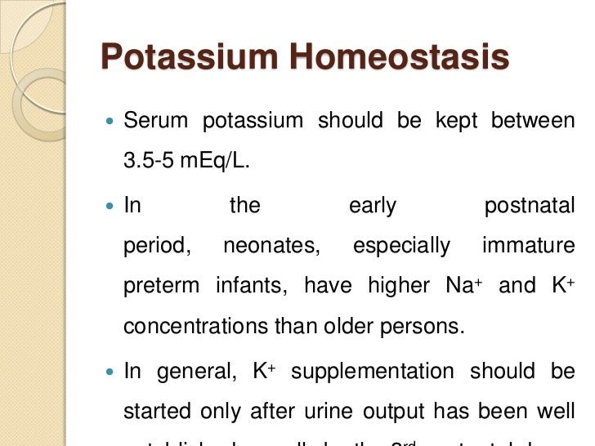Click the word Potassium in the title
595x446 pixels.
click(x=188, y=58)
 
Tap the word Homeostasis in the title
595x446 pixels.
click(x=400, y=58)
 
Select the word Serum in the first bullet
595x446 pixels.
click(x=155, y=121)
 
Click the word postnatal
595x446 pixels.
click(x=530, y=205)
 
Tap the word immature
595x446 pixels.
click(x=529, y=246)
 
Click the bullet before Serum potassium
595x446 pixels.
click(x=110, y=122)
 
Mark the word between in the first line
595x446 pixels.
click(x=533, y=121)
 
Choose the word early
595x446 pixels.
click(x=373, y=205)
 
